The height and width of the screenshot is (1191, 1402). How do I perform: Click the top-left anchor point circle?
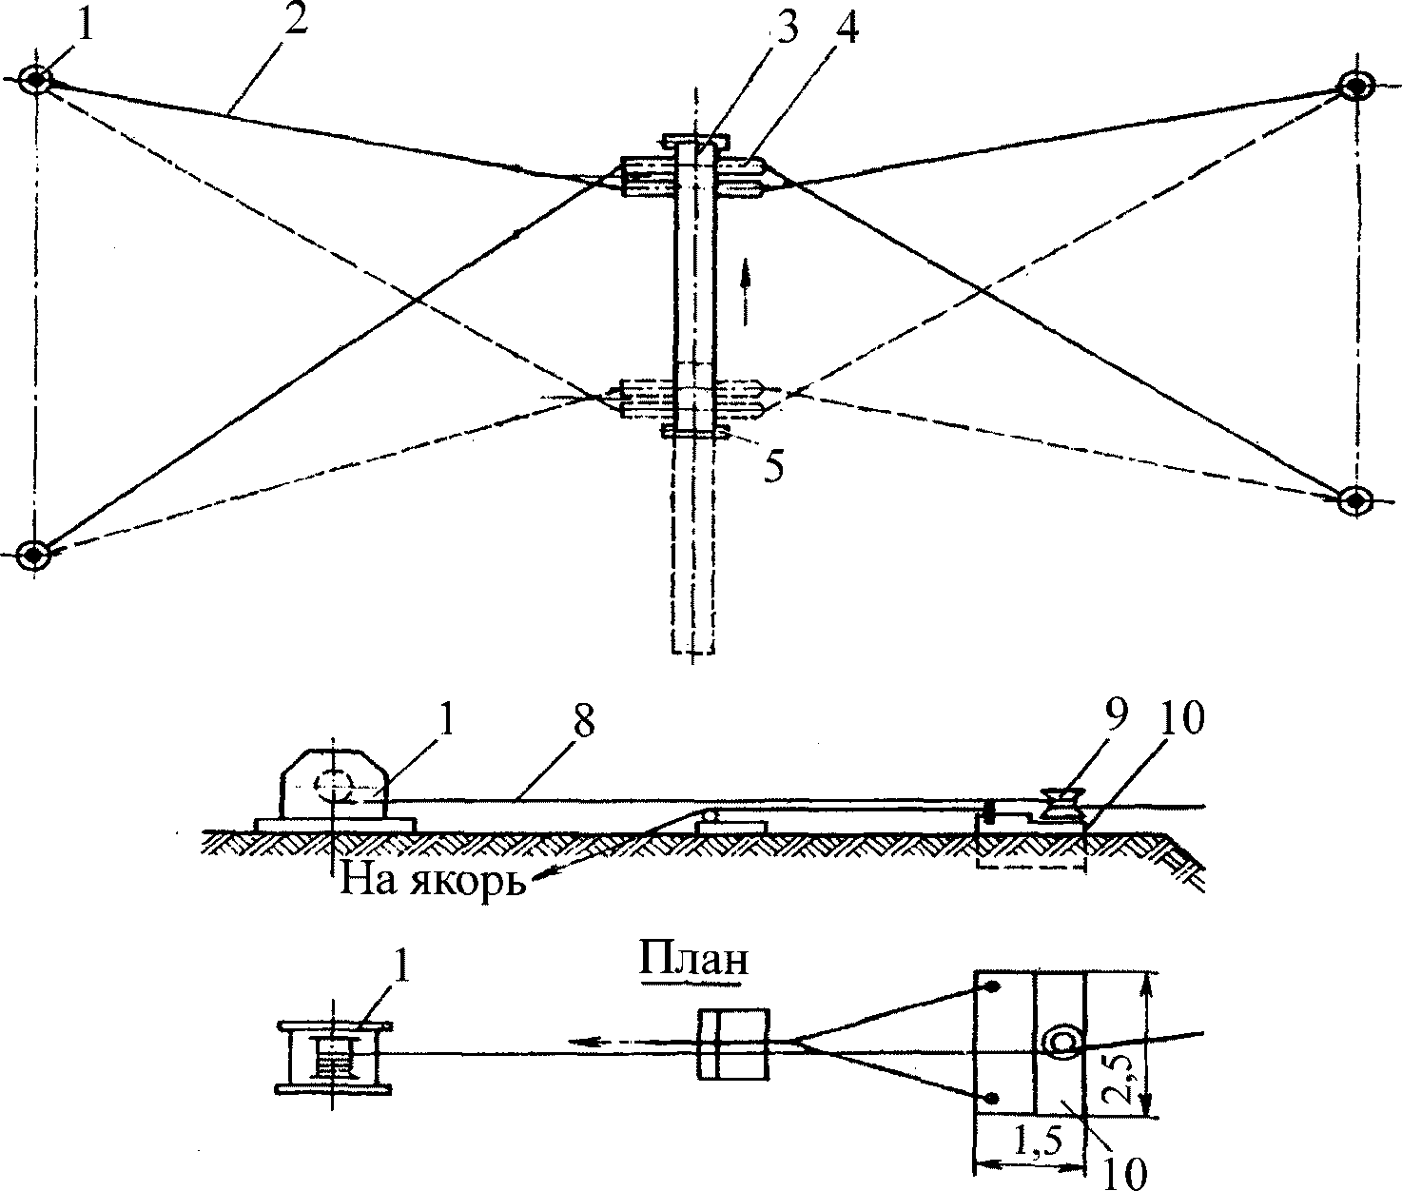pyautogui.click(x=35, y=81)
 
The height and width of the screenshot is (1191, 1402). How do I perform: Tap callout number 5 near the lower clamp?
pyautogui.click(x=774, y=465)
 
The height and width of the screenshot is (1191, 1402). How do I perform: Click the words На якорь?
pyautogui.click(x=433, y=882)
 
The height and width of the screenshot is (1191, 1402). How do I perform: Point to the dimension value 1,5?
pyautogui.click(x=1038, y=1142)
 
